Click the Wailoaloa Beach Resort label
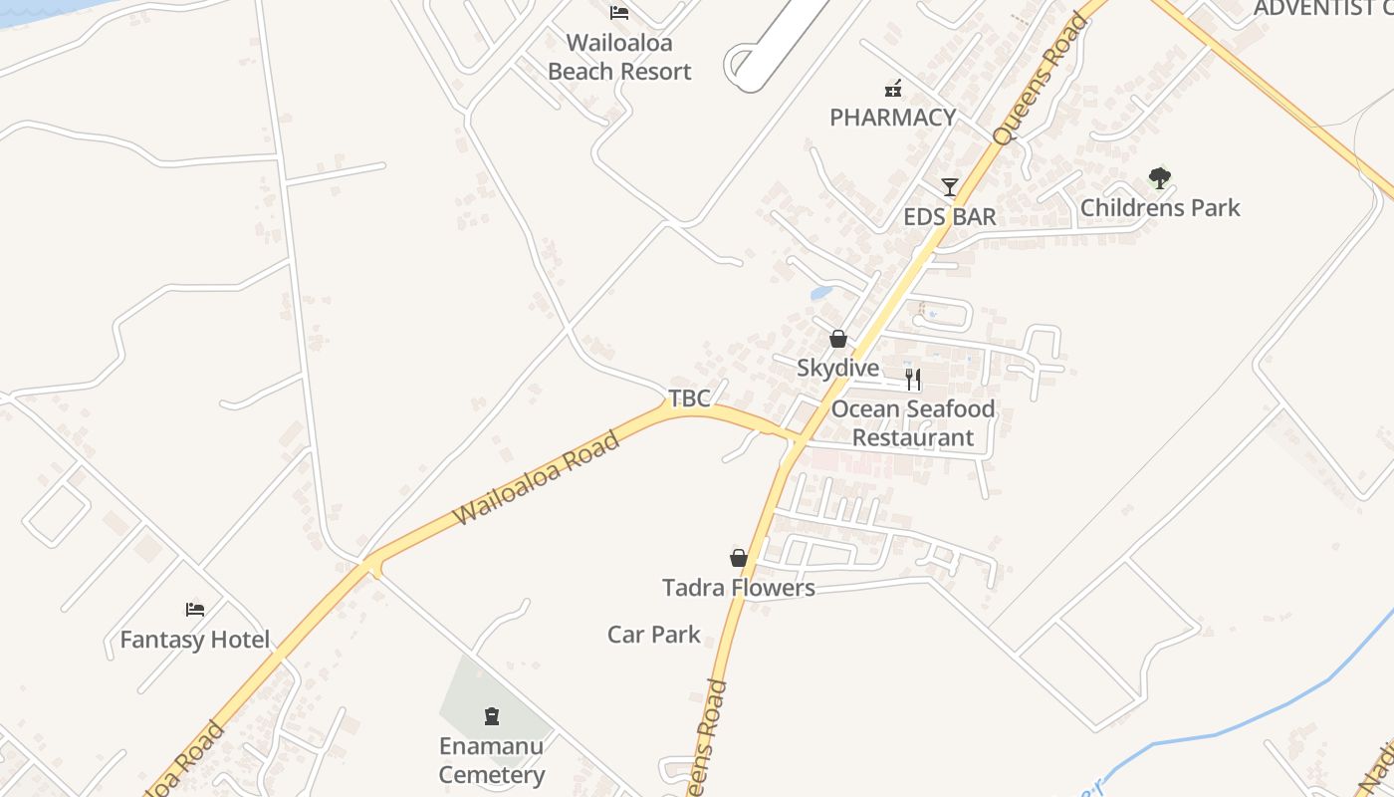tap(619, 57)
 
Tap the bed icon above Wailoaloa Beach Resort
tap(619, 13)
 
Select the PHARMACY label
tap(893, 117)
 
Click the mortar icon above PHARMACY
tap(893, 89)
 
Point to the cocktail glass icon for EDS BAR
tap(950, 186)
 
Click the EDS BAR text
tap(950, 216)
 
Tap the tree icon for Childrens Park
tap(1159, 178)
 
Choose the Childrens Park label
tap(1160, 207)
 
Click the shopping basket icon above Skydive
tap(838, 339)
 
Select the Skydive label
tap(838, 368)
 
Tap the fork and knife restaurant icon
tap(913, 379)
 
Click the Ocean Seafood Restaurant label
tap(913, 422)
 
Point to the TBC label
tap(689, 398)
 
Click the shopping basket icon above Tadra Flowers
tap(739, 558)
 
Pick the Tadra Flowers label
tap(739, 588)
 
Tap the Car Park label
tap(654, 634)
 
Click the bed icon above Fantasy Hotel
tap(195, 609)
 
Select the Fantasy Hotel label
tap(195, 640)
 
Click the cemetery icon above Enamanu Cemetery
tap(492, 715)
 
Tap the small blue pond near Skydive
tap(821, 293)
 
